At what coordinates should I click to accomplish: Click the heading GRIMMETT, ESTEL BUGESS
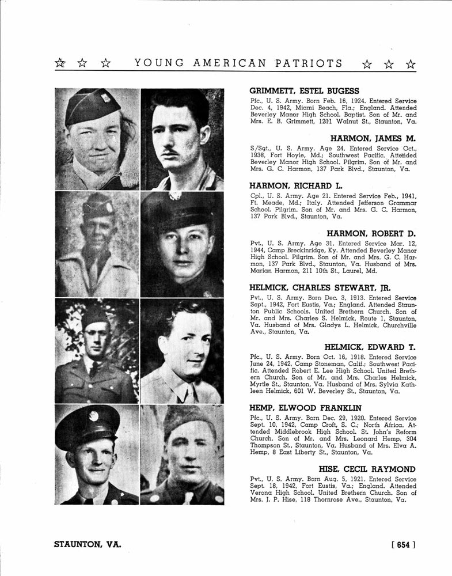304,91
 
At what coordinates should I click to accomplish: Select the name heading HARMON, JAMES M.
373,139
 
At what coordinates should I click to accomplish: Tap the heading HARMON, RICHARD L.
291,186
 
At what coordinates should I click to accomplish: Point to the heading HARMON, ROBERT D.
371,234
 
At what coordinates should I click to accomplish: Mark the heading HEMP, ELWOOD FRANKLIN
305,408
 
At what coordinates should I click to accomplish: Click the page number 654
403,544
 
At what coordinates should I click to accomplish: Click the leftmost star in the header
59,63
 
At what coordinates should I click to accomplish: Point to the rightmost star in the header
410,64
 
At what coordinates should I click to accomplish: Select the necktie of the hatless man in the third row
184,394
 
